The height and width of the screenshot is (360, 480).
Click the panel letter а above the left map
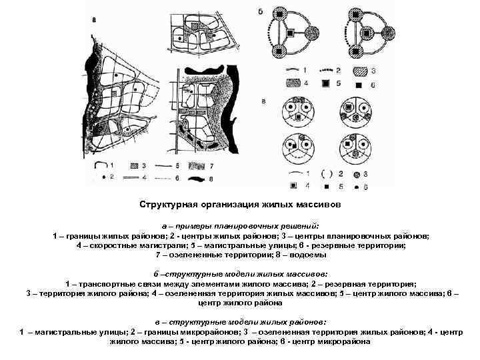[94, 21]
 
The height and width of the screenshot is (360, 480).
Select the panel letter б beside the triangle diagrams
[260, 12]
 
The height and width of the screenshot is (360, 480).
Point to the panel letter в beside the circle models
[264, 101]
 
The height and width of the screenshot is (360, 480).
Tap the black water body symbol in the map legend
[197, 178]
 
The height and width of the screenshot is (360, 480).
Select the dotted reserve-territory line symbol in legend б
[327, 70]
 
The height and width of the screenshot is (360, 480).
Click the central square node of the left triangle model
[290, 33]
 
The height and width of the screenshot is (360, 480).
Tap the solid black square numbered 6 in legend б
[359, 85]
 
